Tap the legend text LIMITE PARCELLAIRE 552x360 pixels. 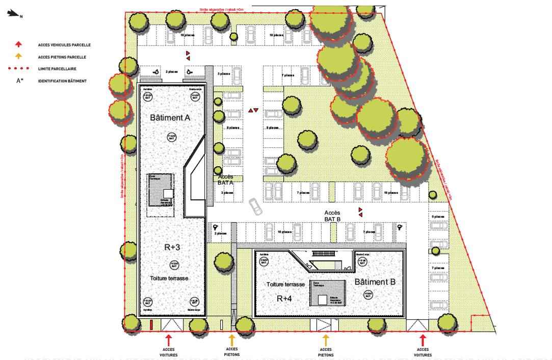(x=59, y=68)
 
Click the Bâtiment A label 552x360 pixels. (x=170, y=118)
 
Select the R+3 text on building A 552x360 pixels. (x=171, y=247)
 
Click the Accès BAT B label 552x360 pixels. (x=332, y=215)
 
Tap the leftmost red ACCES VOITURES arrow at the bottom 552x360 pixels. (x=169, y=340)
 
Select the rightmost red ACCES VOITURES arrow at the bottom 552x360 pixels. (x=423, y=340)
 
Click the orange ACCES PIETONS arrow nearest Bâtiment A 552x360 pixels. (x=231, y=340)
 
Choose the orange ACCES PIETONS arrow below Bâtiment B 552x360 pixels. (x=325, y=340)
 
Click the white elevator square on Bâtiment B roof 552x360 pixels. (x=322, y=300)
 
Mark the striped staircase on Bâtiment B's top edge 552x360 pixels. (x=321, y=253)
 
